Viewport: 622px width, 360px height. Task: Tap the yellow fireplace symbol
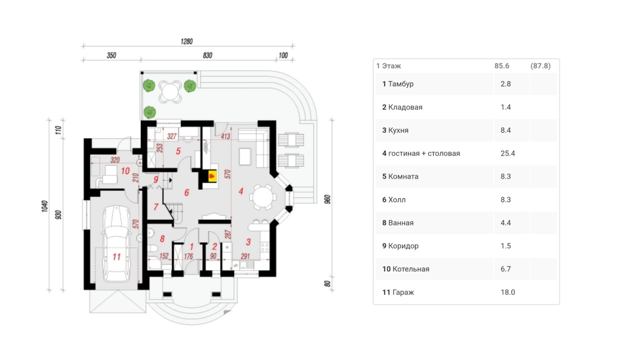point(211,176)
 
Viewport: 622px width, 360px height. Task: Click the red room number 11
point(116,257)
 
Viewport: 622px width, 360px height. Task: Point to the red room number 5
point(178,151)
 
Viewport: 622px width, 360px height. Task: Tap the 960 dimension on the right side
point(328,199)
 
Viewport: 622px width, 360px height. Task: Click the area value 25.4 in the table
point(507,154)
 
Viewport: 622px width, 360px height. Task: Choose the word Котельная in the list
point(411,269)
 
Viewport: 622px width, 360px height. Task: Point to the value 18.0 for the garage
point(507,292)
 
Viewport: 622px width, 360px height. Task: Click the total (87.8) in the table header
point(540,66)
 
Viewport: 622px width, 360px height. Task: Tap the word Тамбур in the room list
point(401,84)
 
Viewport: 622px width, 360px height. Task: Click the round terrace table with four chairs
point(170,90)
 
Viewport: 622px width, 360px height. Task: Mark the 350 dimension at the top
point(111,55)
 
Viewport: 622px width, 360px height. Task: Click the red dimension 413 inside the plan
point(225,137)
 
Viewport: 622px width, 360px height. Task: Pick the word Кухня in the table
point(398,130)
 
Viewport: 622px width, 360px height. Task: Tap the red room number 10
point(125,171)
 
